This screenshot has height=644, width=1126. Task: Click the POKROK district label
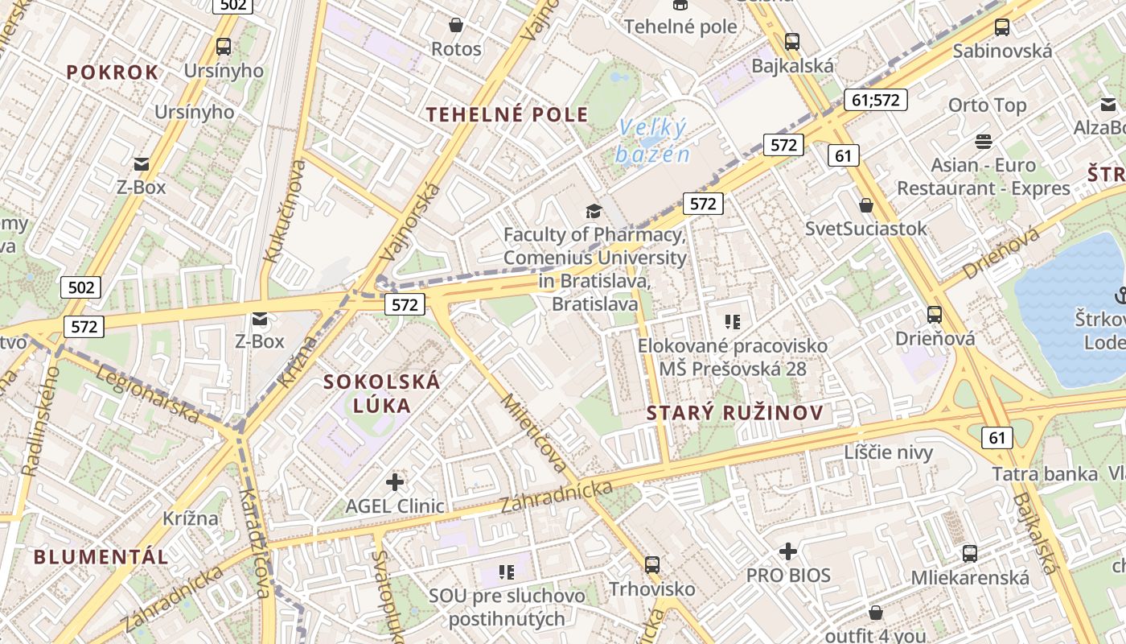(x=113, y=72)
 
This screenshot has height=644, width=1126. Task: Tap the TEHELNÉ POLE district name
(x=508, y=114)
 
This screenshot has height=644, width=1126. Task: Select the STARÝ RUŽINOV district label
(x=735, y=414)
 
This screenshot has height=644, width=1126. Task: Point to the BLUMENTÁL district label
(x=101, y=556)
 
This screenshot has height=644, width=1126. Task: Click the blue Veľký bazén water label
(x=653, y=141)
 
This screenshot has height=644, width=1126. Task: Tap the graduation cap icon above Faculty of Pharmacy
(x=594, y=211)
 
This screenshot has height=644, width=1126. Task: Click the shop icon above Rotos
(x=456, y=26)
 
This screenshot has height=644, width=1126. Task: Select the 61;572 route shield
(x=876, y=100)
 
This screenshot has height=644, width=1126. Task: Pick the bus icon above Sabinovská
(x=1002, y=27)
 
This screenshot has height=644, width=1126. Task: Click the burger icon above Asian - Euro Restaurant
(x=983, y=142)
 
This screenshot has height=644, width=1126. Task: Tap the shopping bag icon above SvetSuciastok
(x=866, y=205)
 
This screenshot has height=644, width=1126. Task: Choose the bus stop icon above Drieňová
(x=935, y=315)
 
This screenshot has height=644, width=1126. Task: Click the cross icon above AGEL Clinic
(x=395, y=482)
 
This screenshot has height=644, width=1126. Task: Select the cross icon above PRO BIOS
(x=788, y=551)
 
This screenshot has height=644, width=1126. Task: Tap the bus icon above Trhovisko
(x=652, y=565)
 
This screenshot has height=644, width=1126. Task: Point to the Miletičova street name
(x=534, y=433)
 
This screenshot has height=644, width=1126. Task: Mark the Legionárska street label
(x=147, y=393)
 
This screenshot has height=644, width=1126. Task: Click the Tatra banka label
(x=1045, y=474)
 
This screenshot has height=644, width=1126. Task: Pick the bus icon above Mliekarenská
(x=970, y=554)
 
